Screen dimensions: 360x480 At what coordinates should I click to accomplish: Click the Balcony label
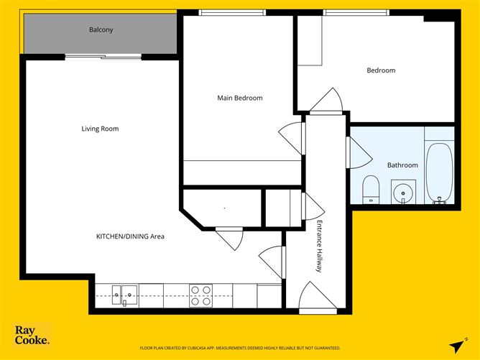coord(101,30)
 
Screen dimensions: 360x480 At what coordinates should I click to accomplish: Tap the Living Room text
coord(100,129)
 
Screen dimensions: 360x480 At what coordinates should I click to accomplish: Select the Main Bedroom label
coord(240,98)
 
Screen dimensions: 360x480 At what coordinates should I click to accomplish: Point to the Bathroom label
coord(402,165)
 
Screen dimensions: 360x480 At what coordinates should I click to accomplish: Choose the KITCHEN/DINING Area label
coord(131,236)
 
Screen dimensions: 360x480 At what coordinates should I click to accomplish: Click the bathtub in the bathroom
coord(438,172)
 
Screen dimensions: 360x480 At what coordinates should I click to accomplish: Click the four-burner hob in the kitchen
coord(200,295)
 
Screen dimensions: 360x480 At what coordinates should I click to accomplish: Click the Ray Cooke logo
coord(32,336)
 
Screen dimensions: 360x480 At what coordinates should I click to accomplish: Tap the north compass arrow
coord(456,345)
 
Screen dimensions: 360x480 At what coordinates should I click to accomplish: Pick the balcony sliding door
coord(101,57)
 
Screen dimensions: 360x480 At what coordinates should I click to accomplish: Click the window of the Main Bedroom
coord(231,12)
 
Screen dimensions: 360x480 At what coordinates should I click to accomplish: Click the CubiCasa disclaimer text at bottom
coord(240,348)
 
